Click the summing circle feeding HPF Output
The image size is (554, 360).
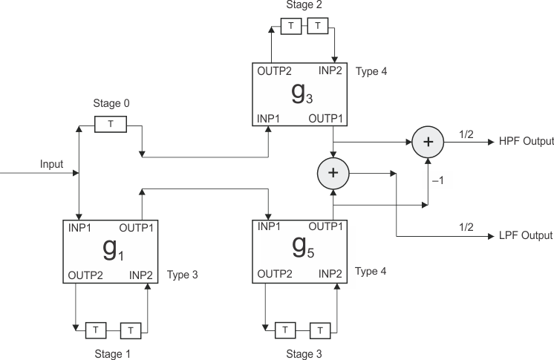click(426, 140)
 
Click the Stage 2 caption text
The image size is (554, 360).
click(304, 5)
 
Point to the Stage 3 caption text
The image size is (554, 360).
click(304, 354)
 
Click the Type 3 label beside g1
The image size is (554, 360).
click(183, 274)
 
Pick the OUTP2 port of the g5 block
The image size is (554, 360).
click(274, 274)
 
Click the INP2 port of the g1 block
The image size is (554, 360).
click(141, 274)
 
